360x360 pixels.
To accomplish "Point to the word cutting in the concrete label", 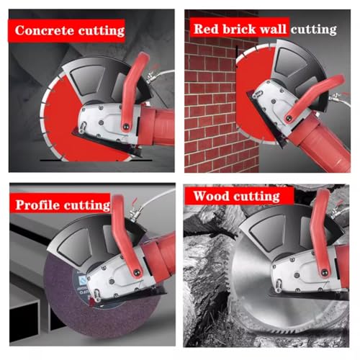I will tap(99, 31).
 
